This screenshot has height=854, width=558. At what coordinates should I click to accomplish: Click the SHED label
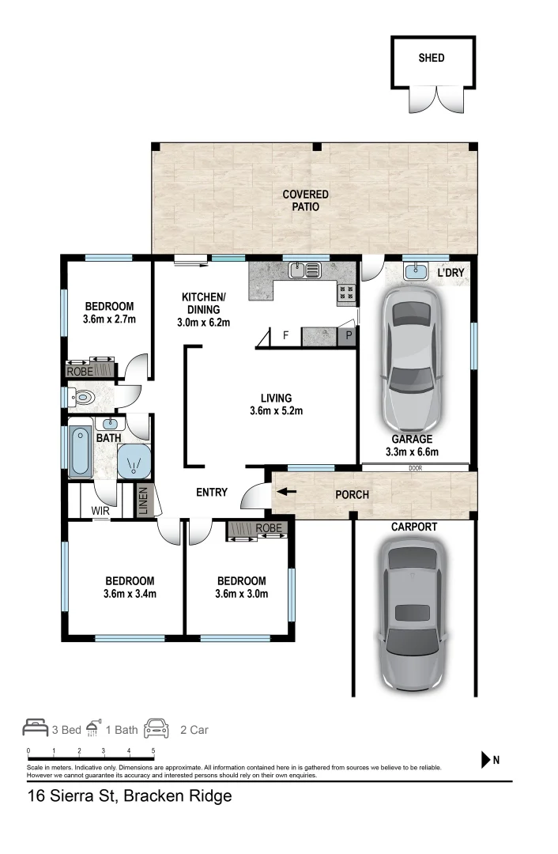pyautogui.click(x=432, y=58)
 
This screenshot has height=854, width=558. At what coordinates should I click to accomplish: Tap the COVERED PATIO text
pyautogui.click(x=305, y=200)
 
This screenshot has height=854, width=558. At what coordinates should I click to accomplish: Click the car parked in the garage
pyautogui.click(x=412, y=359)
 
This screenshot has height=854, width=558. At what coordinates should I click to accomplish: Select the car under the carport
pyautogui.click(x=412, y=615)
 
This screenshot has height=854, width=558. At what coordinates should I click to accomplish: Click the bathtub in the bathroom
pyautogui.click(x=81, y=452)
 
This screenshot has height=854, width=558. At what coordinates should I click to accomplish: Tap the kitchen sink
pyautogui.click(x=305, y=270)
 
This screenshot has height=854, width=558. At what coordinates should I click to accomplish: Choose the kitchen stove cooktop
pyautogui.click(x=347, y=293)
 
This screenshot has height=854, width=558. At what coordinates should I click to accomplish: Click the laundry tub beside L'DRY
pyautogui.click(x=416, y=270)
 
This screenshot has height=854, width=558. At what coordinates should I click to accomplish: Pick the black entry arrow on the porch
pyautogui.click(x=287, y=492)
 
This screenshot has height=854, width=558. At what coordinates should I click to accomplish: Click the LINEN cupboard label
pyautogui.click(x=143, y=501)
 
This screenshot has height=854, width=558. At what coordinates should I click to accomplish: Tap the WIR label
pyautogui.click(x=100, y=511)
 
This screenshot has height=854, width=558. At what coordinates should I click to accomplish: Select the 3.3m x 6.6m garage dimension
pyautogui.click(x=412, y=452)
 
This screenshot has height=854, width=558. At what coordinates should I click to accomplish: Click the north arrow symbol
pyautogui.click(x=485, y=760)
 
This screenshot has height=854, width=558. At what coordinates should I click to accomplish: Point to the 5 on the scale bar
pyautogui.click(x=153, y=750)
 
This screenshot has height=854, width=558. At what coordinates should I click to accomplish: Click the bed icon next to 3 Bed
pyautogui.click(x=36, y=727)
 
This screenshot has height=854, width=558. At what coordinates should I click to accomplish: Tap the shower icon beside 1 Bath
pyautogui.click(x=93, y=727)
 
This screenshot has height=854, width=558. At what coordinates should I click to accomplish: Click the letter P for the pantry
pyautogui.click(x=349, y=335)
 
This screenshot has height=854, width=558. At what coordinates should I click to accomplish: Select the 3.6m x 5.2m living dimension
pyautogui.click(x=276, y=410)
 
